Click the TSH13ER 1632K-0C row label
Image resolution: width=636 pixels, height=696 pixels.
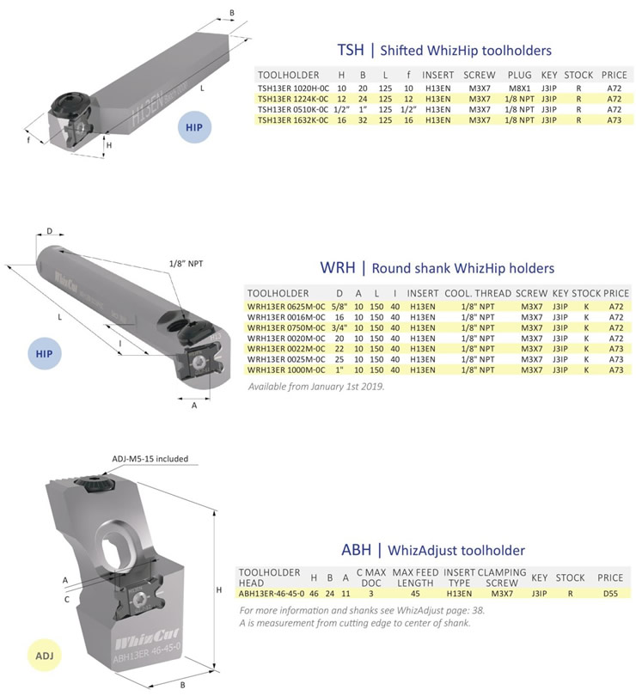click(x=292, y=120)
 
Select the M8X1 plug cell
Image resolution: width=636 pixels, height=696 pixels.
click(x=518, y=87)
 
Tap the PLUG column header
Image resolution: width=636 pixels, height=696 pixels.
click(x=519, y=75)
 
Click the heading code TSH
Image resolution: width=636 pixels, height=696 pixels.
click(x=348, y=51)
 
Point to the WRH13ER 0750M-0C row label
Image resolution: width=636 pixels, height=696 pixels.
click(x=284, y=327)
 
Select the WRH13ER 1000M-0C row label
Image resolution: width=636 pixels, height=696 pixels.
click(x=284, y=369)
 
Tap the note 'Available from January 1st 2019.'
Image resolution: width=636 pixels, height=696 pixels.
click(x=315, y=387)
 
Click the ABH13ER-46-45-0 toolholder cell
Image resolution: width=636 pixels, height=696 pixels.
click(x=272, y=592)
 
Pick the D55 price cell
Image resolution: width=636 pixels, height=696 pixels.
click(x=610, y=592)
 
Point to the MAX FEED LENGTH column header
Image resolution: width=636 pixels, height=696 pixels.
click(x=416, y=577)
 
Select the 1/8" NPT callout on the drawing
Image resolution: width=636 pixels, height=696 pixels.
click(x=190, y=264)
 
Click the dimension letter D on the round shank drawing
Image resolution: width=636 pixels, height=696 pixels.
click(x=49, y=231)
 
